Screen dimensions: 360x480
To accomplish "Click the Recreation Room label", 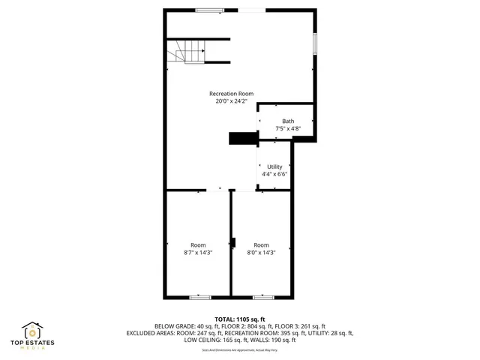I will point(231,94).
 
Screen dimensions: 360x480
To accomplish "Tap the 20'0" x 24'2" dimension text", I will point(231,101).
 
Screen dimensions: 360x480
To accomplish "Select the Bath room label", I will point(288,121).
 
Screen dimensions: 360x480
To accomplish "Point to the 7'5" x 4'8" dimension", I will point(288,129).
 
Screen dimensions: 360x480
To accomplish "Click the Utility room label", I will point(274,166).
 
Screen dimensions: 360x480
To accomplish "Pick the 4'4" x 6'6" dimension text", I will point(274,174).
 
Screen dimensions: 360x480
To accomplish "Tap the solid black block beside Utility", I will point(242,139).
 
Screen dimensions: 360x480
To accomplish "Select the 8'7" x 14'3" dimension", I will point(198,253).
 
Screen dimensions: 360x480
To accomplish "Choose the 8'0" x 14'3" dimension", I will point(261,253).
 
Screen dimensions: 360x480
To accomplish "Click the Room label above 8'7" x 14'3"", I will point(198,245).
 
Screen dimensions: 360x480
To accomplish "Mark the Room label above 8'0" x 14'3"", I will point(261,245).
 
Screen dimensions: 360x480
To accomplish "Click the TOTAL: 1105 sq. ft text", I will point(240,319).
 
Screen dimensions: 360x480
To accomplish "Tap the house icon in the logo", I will point(31,331).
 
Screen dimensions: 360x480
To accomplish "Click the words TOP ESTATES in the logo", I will point(31,344).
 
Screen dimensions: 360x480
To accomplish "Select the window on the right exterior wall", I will point(315,43).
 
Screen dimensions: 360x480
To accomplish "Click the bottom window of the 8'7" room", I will point(199,297).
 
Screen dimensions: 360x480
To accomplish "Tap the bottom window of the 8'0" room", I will point(262,297).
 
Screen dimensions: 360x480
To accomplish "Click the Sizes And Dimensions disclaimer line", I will point(240,350).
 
